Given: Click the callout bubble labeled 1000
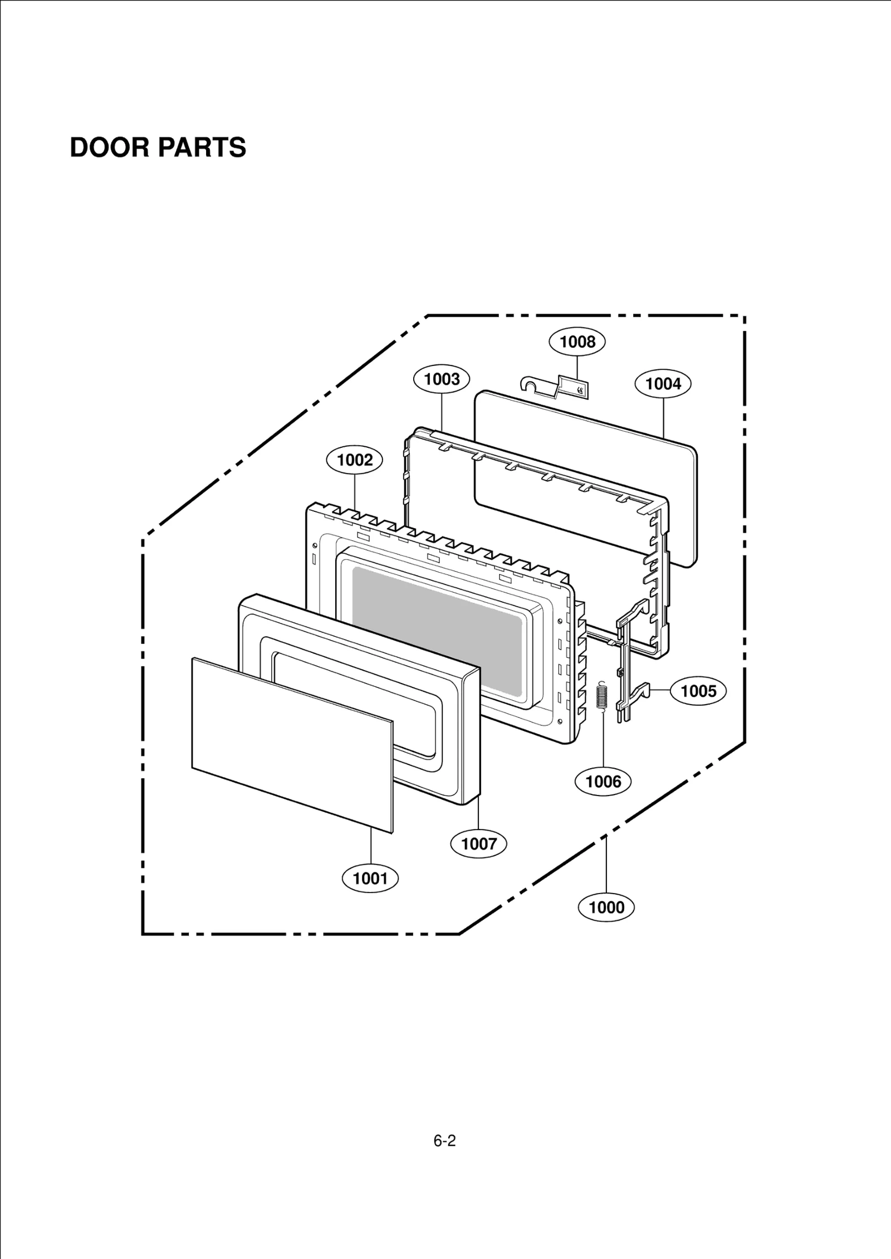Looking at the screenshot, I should [606, 907].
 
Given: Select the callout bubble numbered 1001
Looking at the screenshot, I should [370, 879].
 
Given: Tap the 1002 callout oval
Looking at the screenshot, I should [355, 460].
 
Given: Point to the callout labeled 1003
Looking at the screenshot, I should [442, 379].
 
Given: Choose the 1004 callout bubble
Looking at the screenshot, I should [663, 384].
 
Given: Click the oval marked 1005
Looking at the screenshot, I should [698, 691].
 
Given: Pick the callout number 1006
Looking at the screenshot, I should [604, 782].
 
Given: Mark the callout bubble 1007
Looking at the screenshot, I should [479, 844].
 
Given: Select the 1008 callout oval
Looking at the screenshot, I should [577, 341].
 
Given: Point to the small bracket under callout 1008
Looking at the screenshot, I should [557, 385].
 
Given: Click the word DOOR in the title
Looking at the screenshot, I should [110, 148].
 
